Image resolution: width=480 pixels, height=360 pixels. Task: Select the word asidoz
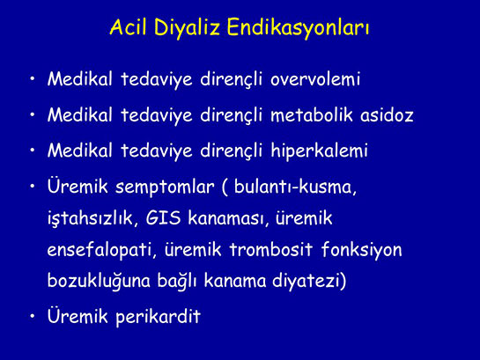388,115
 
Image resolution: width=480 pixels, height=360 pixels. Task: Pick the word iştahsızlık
85,217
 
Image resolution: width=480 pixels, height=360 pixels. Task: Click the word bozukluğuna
100,283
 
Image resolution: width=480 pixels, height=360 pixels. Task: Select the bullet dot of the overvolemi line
33,80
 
